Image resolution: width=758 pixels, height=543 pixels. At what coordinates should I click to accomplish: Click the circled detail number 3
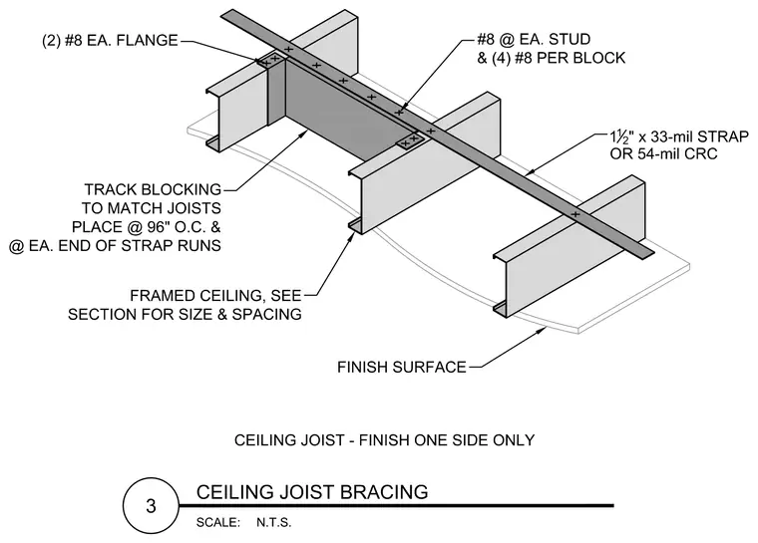click(x=151, y=506)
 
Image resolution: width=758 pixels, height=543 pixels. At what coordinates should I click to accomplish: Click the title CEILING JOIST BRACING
click(x=312, y=492)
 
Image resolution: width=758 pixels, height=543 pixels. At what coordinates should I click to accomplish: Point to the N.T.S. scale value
click(x=273, y=523)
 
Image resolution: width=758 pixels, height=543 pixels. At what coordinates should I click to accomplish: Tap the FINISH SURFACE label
click(x=401, y=368)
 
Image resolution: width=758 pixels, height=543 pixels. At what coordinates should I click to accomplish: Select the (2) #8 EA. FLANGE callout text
click(x=111, y=40)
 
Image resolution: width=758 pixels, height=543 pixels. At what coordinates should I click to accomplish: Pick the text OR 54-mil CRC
click(x=663, y=154)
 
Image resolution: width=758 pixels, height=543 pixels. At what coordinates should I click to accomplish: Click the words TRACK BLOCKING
click(x=153, y=189)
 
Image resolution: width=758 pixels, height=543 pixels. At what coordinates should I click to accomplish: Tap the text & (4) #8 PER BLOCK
click(x=552, y=58)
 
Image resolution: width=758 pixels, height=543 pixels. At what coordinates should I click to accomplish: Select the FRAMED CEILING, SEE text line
click(x=215, y=295)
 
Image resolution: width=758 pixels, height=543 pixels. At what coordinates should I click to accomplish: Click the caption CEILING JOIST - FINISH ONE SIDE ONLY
click(x=384, y=440)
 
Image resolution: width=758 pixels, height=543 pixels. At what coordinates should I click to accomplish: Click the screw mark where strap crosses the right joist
click(x=575, y=214)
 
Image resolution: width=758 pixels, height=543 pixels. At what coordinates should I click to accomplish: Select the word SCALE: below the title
click(x=218, y=523)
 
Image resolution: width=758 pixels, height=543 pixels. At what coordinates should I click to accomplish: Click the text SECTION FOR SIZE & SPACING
click(x=185, y=315)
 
